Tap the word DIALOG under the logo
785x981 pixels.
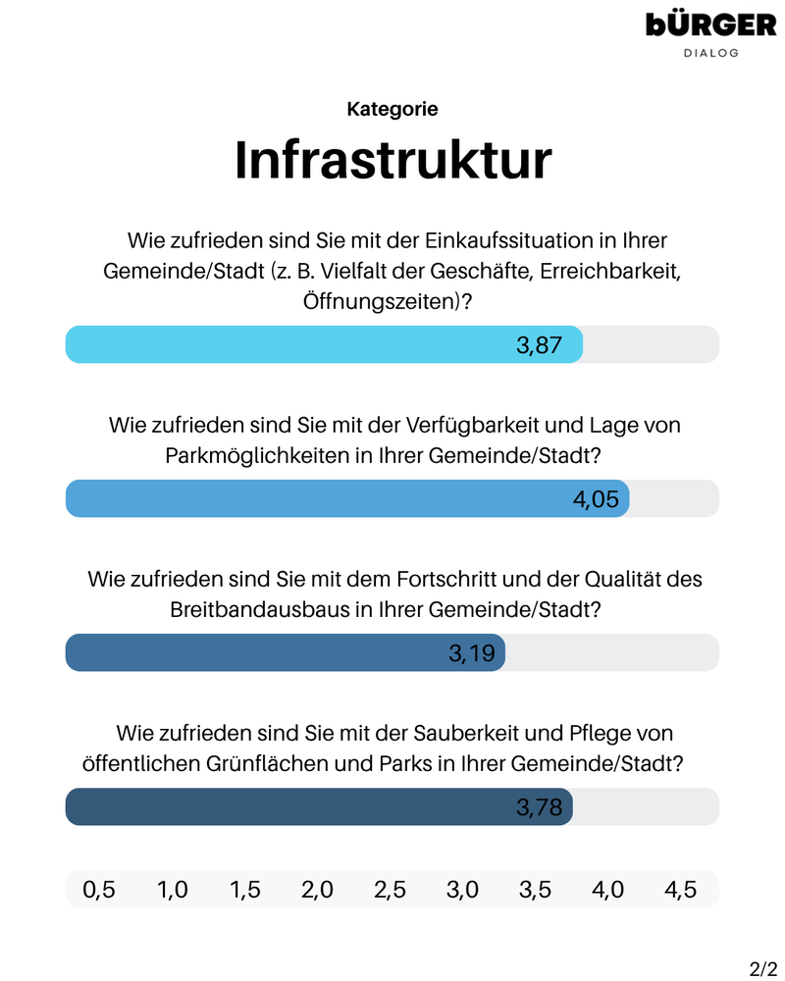(711, 53)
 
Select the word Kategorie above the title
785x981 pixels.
(392, 110)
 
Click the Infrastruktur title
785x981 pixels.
(392, 160)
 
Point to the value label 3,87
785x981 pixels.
(539, 345)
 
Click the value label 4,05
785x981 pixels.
(596, 499)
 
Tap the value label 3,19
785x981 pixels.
(472, 653)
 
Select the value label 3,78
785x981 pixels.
(539, 807)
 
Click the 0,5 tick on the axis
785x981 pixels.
(98, 890)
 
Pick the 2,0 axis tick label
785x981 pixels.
(317, 890)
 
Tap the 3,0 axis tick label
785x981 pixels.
(462, 890)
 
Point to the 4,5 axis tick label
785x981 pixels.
(680, 890)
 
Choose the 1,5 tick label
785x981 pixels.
(244, 890)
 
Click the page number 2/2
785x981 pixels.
(763, 969)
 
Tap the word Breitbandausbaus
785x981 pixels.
(259, 609)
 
